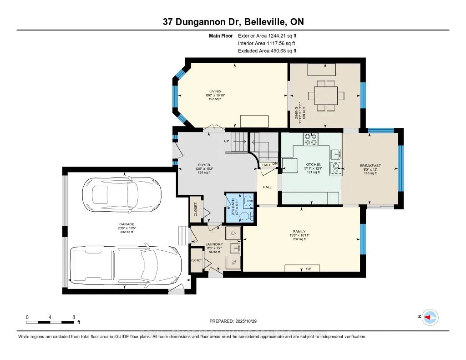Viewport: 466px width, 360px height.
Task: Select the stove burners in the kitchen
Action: [310, 138]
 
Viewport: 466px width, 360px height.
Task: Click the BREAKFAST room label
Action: [370, 166]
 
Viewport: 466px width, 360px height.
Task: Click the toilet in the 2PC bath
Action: [245, 216]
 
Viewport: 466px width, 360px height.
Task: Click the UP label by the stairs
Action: [226, 141]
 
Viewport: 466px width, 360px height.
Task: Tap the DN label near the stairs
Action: [275, 164]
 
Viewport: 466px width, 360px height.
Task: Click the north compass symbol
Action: [430, 317]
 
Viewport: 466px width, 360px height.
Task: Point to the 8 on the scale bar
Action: [74, 317]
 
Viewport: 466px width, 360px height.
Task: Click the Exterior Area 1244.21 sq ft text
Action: [267, 35]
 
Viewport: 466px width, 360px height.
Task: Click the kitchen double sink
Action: [336, 160]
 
